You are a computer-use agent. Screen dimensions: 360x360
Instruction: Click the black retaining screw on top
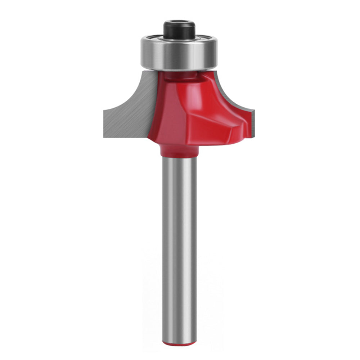click(179, 31)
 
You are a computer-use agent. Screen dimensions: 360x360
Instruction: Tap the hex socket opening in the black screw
click(179, 24)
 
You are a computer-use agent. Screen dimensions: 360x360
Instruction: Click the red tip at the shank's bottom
click(179, 344)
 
